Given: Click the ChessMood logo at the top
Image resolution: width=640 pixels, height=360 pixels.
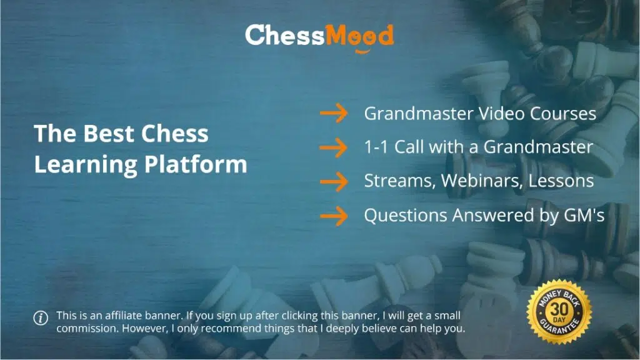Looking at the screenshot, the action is tap(319, 37).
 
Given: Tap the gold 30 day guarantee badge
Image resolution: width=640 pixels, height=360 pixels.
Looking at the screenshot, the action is tap(559, 312).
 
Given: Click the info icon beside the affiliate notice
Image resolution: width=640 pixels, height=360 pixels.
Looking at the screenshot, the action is tap(41, 317).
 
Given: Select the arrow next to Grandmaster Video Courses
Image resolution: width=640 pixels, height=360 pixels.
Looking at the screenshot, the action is tap(334, 113).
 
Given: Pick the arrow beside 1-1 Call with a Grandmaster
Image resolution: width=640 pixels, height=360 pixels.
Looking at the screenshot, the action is tap(334, 147).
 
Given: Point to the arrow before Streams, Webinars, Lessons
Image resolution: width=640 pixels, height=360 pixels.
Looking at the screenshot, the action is tap(334, 182).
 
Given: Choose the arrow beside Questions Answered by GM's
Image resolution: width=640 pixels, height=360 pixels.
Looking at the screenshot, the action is tap(334, 216).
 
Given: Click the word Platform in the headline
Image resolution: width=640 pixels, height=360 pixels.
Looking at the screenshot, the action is tap(196, 165).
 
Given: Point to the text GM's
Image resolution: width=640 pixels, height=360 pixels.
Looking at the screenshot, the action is tap(584, 215).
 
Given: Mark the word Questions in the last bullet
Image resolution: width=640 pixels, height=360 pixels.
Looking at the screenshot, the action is tap(406, 215).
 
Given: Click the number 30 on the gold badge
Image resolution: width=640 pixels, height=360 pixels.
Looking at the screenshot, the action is tap(559, 309).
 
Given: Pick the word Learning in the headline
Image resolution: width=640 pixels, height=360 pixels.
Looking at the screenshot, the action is tap(85, 165).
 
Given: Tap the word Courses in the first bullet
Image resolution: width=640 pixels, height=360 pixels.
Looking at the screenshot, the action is tap(563, 114).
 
